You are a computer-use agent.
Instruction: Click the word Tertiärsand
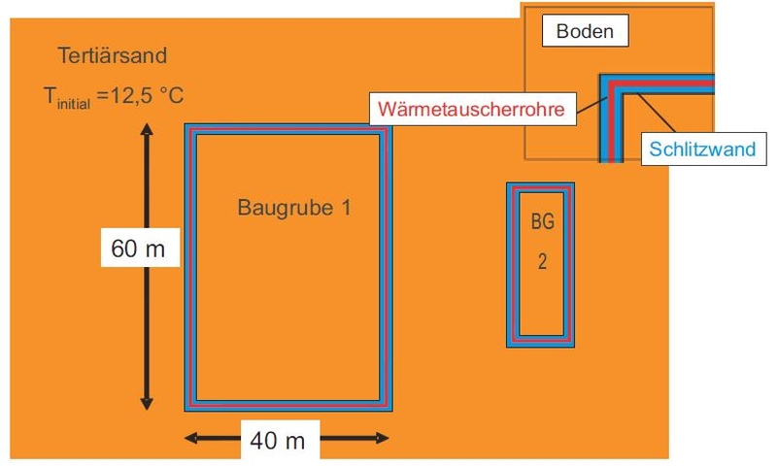113,55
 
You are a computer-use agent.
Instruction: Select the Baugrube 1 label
294,208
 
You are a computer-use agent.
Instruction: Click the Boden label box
586,31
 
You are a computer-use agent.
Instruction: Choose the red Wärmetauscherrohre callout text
471,109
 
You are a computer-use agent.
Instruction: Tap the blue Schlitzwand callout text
702,149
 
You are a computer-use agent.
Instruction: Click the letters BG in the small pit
543,221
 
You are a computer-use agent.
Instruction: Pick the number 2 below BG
543,261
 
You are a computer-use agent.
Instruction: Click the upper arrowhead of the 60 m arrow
147,129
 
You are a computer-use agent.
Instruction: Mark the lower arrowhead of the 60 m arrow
147,404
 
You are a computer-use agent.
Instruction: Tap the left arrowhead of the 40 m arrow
190,438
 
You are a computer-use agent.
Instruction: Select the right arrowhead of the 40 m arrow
383,438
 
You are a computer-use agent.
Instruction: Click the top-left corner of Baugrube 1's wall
186,125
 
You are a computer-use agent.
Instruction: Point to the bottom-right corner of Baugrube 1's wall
391,410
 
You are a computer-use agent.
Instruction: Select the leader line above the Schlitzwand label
657,113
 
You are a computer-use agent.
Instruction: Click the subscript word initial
74,104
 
